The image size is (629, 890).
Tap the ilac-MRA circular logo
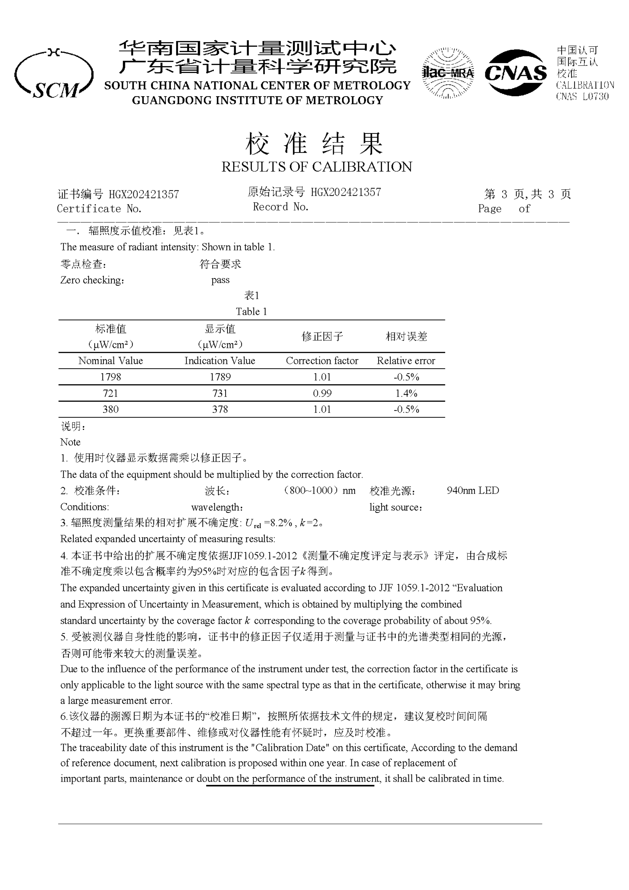tap(448, 73)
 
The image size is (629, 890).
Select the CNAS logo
tap(515, 73)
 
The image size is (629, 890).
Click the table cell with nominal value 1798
tap(110, 377)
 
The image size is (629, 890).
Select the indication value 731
tap(220, 393)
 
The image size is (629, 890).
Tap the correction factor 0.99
tap(322, 393)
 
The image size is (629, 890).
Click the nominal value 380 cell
tap(110, 409)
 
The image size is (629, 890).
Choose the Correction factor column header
tap(322, 361)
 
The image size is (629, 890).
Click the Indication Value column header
tap(220, 361)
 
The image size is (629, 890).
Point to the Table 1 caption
tap(251, 312)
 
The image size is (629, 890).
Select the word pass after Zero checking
tap(220, 280)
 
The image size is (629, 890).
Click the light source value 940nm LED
tap(472, 491)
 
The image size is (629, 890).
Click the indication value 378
tap(220, 409)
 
